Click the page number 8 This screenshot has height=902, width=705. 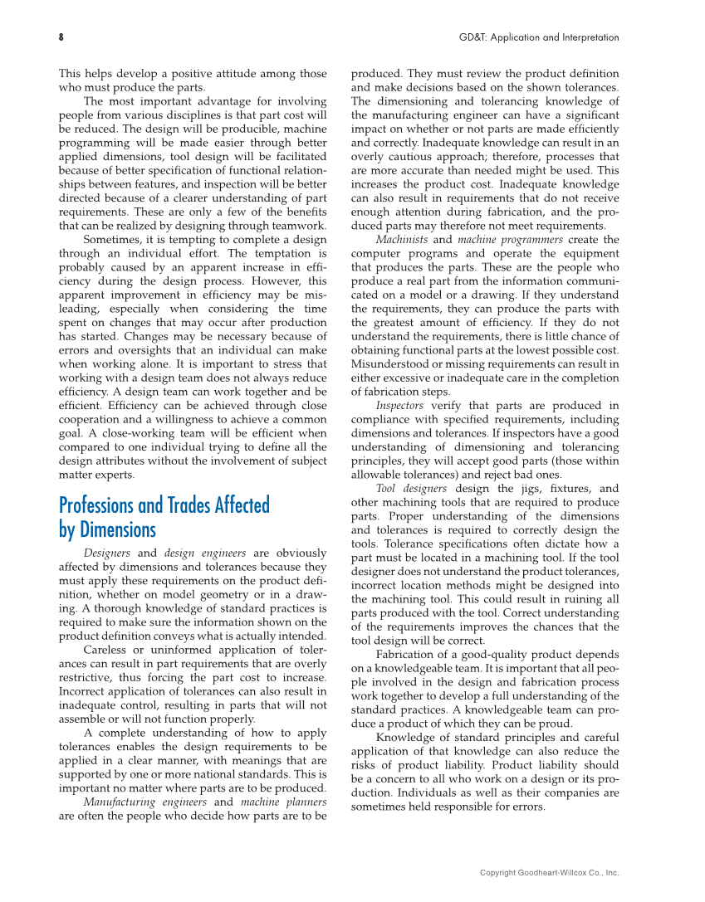pyautogui.click(x=61, y=37)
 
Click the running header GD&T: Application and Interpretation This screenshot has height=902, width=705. pyautogui.click(x=539, y=37)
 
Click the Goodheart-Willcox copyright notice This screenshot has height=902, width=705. pyautogui.click(x=549, y=872)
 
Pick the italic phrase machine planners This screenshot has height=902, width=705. pyautogui.click(x=283, y=802)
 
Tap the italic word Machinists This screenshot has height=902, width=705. pyautogui.click(x=402, y=240)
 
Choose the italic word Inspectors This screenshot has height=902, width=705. pyautogui.click(x=399, y=406)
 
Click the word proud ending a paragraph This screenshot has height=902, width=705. pyautogui.click(x=520, y=724)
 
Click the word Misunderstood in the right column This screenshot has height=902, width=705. pyautogui.click(x=389, y=364)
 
